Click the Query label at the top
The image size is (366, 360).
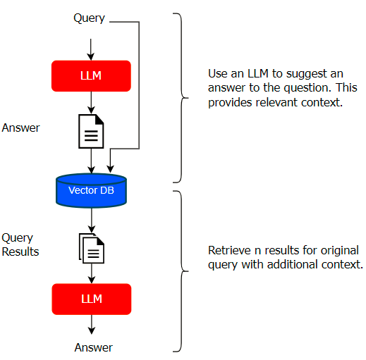pos(89,18)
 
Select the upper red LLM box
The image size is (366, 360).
pos(91,76)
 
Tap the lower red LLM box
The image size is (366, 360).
pos(92,299)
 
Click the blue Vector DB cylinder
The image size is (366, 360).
pos(91,190)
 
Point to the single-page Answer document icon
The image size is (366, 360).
pos(91,131)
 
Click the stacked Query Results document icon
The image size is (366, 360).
pos(92,248)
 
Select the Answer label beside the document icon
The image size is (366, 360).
pos(20,128)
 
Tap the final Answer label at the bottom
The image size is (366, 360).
pos(94,347)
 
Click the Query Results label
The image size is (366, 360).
pos(20,244)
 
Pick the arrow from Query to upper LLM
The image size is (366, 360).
pos(91,49)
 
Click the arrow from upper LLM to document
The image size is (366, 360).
pos(91,103)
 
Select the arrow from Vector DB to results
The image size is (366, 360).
pos(92,221)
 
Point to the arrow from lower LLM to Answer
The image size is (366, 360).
pos(92,324)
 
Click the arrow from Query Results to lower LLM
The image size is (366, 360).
pos(92,273)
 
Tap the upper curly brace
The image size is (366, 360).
pos(181,98)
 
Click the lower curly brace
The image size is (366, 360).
pos(181,271)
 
